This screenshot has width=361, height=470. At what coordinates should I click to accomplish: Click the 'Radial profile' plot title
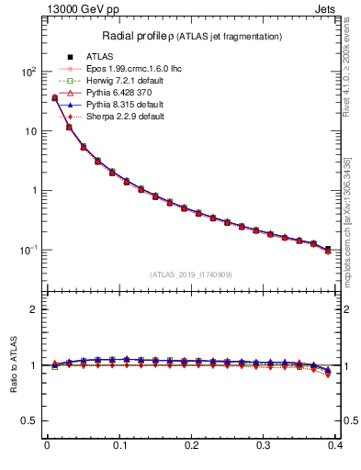coord(191,36)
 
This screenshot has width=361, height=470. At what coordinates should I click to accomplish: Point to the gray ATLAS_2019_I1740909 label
coord(191,274)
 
